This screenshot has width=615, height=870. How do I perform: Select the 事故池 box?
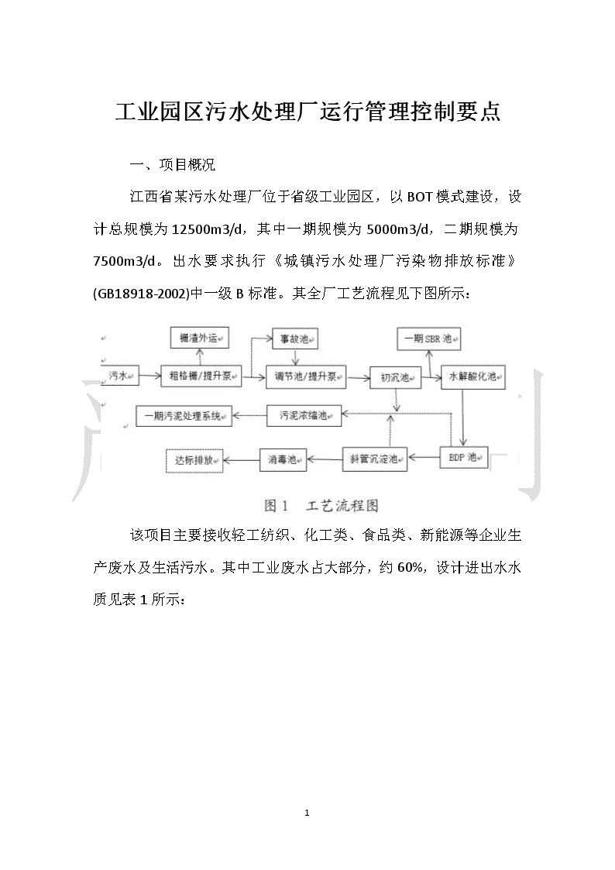pos(295,339)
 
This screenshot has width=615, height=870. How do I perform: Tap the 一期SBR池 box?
pos(428,339)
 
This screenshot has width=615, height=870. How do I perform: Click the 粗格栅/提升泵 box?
pos(201,377)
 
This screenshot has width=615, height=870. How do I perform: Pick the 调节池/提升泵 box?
pos(306,377)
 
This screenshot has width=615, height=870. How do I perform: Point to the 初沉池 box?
pos(395,378)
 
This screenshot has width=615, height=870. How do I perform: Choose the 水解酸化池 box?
pos(473,377)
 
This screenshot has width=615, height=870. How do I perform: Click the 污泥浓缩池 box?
pos(304,415)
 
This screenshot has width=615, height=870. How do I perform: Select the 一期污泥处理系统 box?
pos(184,415)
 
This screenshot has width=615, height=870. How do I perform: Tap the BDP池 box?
pos(464,458)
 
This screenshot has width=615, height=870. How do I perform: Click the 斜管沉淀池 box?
pos(375,459)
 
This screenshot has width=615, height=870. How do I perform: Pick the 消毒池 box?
pos(283,460)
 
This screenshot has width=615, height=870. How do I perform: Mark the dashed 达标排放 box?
pos(194,460)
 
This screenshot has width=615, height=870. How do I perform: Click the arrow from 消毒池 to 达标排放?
pos(241,460)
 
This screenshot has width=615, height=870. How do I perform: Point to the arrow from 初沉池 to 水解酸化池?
pos(431,378)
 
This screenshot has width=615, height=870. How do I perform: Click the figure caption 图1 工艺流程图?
pos(321,505)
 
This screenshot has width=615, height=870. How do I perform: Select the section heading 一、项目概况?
pos(172,165)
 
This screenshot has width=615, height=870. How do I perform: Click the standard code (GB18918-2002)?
pos(142,294)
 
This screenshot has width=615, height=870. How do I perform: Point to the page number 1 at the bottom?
pos(307,813)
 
